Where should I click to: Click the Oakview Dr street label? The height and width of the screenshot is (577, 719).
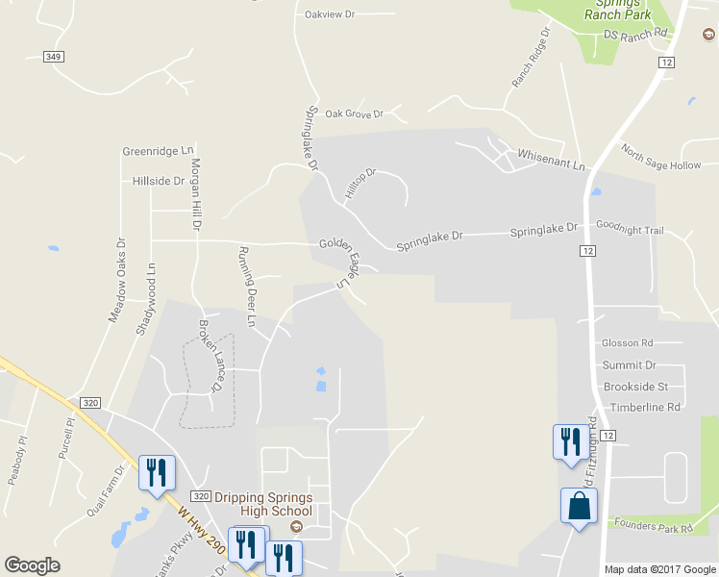point(329,14)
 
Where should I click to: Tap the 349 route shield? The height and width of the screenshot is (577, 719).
point(54,57)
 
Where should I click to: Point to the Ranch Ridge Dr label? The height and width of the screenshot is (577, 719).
point(531,58)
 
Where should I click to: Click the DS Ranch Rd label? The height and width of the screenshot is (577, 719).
point(634,34)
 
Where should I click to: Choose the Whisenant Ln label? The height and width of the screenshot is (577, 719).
point(551,160)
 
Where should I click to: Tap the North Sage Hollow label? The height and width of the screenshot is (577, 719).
point(661,157)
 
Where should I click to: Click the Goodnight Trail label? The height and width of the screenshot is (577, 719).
point(630,230)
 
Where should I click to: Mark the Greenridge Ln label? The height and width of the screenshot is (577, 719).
point(158,151)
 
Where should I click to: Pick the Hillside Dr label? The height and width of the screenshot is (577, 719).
point(158,181)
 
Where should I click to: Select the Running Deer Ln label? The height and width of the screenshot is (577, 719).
point(248,286)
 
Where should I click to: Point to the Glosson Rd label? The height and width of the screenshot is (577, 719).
point(627,342)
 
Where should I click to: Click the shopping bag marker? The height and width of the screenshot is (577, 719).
point(579,506)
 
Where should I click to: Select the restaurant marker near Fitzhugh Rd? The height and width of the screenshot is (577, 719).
point(569,441)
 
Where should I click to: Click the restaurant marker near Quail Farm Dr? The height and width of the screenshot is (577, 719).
point(157,472)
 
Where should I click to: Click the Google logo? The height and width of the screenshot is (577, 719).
point(33,565)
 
